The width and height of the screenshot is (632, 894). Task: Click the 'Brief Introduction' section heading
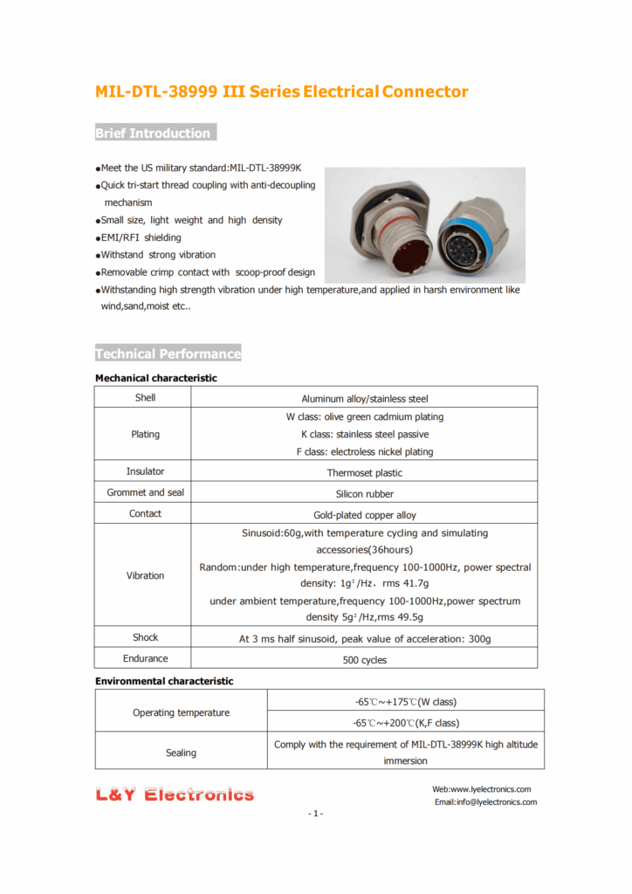pos(154,134)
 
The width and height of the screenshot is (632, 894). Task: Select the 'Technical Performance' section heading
pos(168,354)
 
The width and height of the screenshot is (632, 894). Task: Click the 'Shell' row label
pos(145,398)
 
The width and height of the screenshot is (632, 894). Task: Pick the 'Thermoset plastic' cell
pos(364,472)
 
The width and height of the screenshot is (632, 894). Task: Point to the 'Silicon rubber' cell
pos(364,493)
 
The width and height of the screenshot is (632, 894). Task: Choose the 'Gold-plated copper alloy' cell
pos(364,515)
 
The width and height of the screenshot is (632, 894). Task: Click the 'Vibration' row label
pos(145,576)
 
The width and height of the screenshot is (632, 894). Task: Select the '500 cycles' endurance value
pos(364,660)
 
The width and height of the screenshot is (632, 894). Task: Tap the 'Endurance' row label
pos(145,659)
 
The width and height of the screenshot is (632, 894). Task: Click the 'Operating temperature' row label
pos(181,713)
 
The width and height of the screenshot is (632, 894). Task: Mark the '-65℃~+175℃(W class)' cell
pos(404,702)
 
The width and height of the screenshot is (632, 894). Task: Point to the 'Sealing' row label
pos(181,753)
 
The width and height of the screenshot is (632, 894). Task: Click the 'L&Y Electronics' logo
pos(175,794)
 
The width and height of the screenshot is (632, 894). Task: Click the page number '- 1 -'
pos(315,815)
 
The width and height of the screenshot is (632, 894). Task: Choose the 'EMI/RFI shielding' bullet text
pos(141,237)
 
